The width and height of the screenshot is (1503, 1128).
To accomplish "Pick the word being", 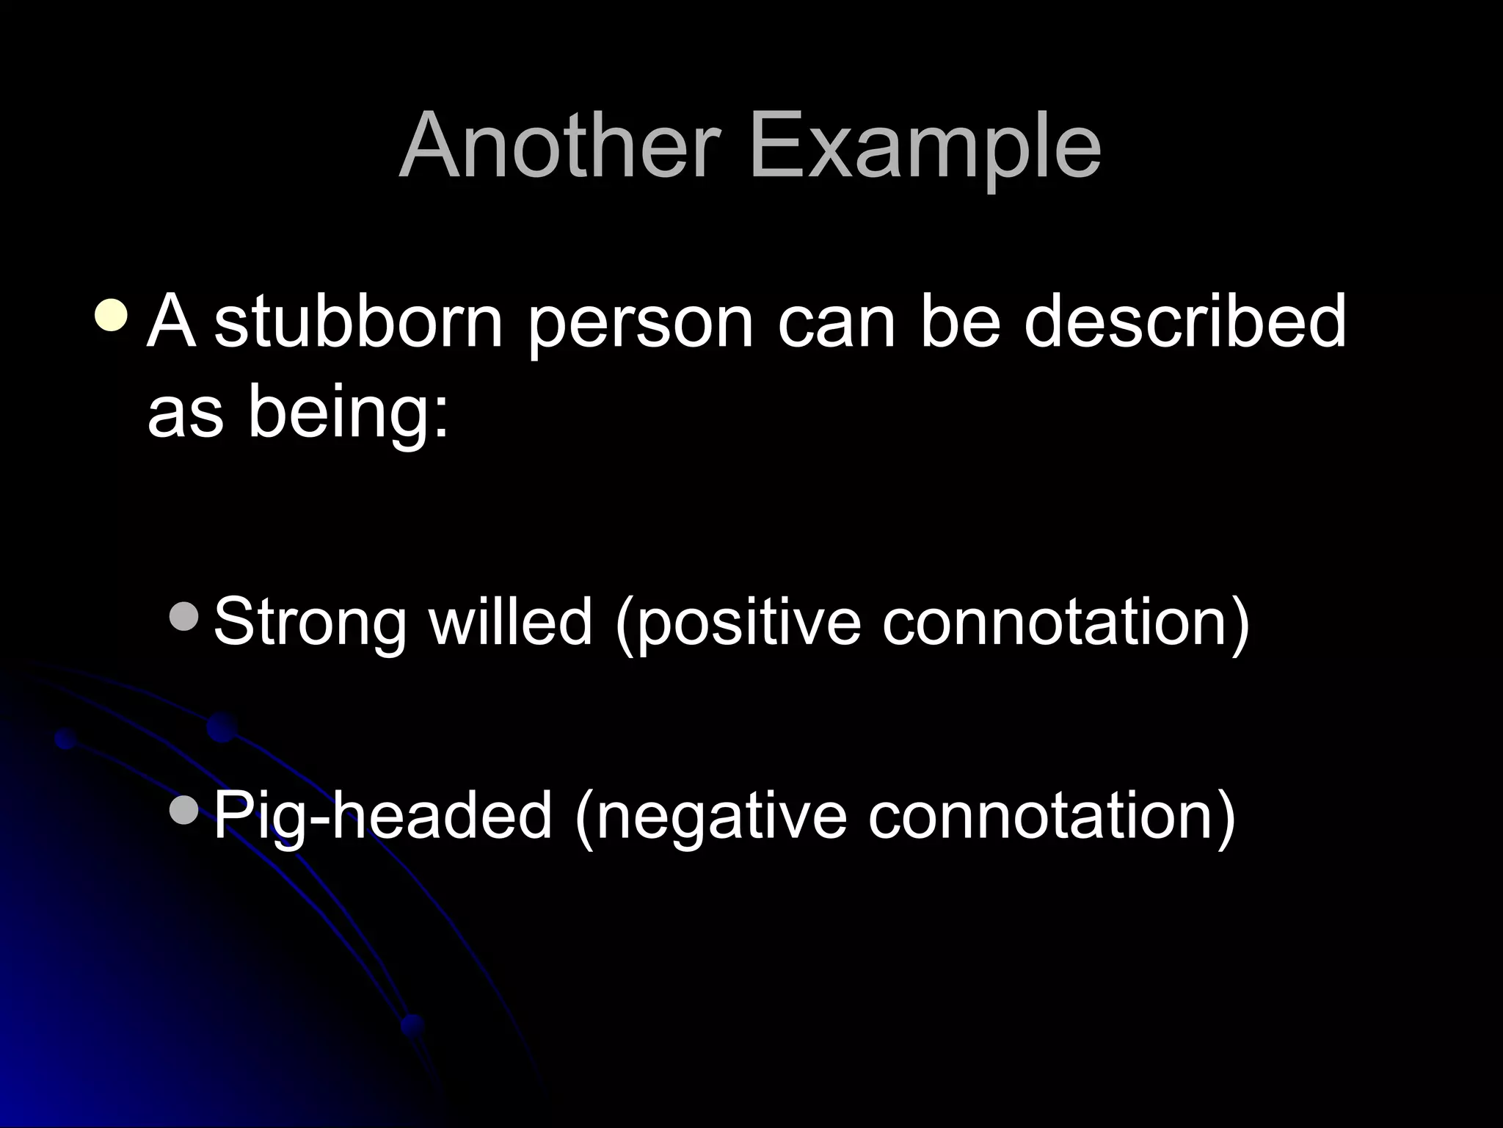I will click(x=348, y=413).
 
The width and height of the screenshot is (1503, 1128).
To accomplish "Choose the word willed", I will click(x=510, y=621).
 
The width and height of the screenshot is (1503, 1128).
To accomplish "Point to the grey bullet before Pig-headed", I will click(x=183, y=810).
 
